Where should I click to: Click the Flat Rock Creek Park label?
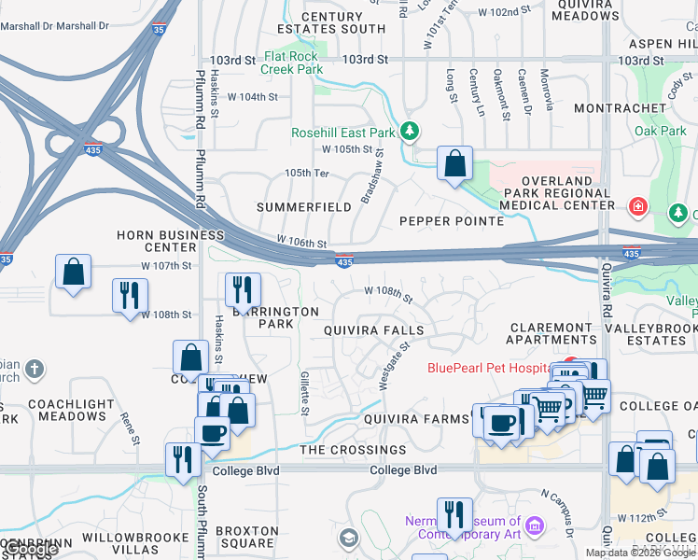[292, 63]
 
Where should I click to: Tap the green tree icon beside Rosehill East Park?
[409, 132]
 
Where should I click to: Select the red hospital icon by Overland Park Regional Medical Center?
[638, 205]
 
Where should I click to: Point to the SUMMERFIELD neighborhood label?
[303, 206]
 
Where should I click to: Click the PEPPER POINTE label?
[451, 221]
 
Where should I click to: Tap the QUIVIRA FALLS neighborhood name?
[373, 330]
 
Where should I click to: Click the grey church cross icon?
[35, 368]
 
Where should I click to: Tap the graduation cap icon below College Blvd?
[348, 538]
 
